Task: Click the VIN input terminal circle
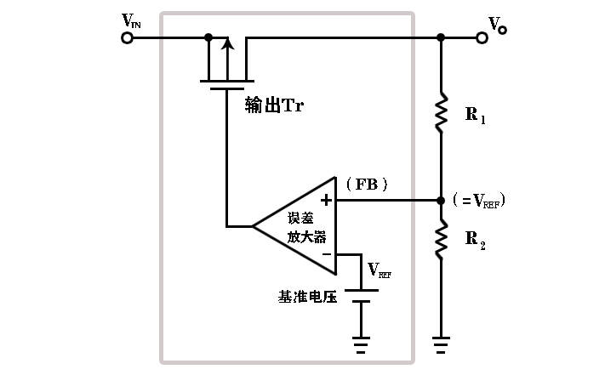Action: [x=128, y=37]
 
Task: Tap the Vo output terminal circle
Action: [x=482, y=37]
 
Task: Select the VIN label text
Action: [x=131, y=20]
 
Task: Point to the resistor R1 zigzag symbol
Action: [x=441, y=113]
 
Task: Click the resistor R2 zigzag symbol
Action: [x=441, y=238]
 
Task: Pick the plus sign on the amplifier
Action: [x=326, y=201]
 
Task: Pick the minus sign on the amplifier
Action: [x=326, y=253]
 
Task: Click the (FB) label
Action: [x=367, y=184]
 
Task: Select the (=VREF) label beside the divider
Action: [x=478, y=201]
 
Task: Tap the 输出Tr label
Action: [x=274, y=105]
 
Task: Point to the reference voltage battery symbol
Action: [x=361, y=295]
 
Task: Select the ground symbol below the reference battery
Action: [x=361, y=344]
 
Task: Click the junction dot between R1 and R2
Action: [x=441, y=201]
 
